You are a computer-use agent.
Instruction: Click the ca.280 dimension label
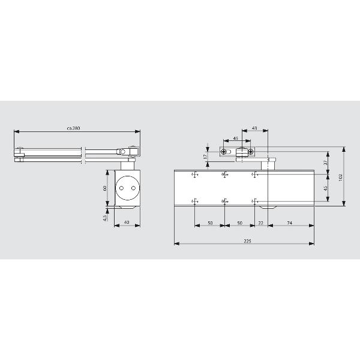point(73,128)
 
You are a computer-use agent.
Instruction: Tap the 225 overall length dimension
point(247,241)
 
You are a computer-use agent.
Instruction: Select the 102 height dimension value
point(340,177)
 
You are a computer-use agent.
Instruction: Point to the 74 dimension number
point(290,223)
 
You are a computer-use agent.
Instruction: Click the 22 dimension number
point(260,223)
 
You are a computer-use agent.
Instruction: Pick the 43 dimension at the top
point(254,128)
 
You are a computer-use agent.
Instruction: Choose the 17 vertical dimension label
point(205,157)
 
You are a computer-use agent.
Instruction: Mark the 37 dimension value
point(325,163)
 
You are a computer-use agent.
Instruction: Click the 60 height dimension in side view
point(104,188)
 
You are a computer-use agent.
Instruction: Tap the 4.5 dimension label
point(105,218)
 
